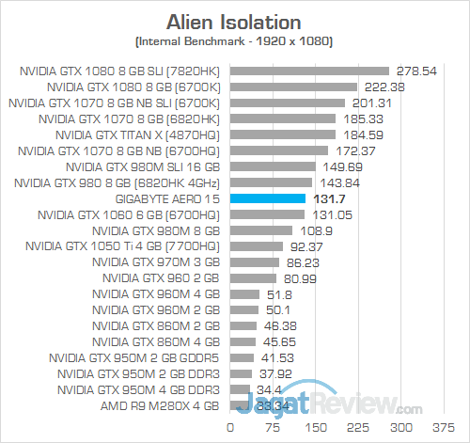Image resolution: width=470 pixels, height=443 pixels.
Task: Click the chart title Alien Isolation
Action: pos(235,21)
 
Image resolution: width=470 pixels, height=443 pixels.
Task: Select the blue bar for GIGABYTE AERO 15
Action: pos(266,198)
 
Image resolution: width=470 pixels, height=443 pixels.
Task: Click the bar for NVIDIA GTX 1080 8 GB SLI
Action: pos(307,71)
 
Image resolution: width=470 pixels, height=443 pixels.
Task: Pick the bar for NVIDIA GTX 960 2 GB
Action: pos(251,278)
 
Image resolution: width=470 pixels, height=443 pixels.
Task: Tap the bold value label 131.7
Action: pos(326,198)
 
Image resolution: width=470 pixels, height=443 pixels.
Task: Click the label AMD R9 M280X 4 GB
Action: pos(158,406)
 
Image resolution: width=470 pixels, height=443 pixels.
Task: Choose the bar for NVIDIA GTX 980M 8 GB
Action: pos(258,230)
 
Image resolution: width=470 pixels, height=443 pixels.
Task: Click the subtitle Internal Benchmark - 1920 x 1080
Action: pos(235,41)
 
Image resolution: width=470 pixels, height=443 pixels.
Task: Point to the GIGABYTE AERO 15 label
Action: pos(166,198)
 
